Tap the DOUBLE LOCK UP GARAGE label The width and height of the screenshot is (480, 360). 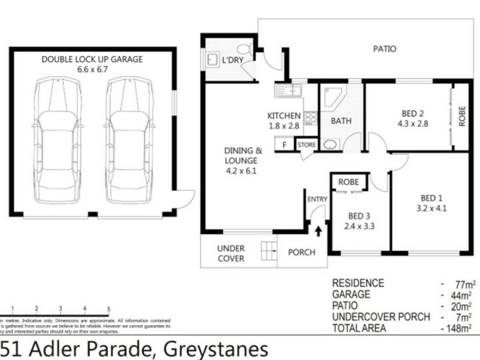pyautogui.click(x=92, y=59)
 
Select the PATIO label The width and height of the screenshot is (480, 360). pyautogui.click(x=384, y=49)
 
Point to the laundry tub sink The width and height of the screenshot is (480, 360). pyautogui.click(x=213, y=59)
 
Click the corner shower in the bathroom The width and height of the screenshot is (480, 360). pyautogui.click(x=331, y=97)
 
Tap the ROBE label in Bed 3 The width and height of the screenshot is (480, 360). pyautogui.click(x=349, y=182)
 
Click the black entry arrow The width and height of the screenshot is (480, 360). pyautogui.click(x=317, y=229)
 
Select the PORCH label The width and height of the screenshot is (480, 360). pyautogui.click(x=301, y=252)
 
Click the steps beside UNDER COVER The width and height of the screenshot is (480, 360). pyautogui.click(x=268, y=248)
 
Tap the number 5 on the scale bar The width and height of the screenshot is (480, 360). pyautogui.click(x=108, y=309)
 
